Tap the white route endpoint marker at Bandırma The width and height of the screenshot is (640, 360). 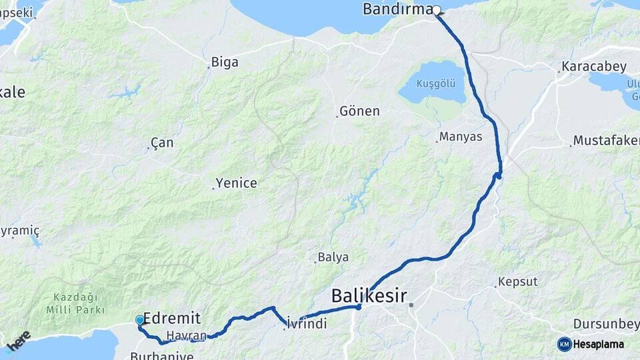[437, 10]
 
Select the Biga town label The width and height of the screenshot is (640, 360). [225, 63]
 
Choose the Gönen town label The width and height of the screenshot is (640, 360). [359, 111]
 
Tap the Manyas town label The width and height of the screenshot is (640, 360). [461, 137]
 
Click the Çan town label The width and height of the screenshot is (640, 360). [162, 143]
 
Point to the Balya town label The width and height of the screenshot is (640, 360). [333, 257]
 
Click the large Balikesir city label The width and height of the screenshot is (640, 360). [369, 295]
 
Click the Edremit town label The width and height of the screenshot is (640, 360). [172, 318]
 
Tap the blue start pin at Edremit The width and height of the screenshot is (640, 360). [140, 321]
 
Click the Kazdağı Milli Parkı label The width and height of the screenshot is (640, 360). [76, 303]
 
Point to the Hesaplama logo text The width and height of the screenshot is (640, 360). [599, 344]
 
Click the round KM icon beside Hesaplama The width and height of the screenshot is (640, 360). [564, 344]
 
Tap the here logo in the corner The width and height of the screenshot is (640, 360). [18, 340]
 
